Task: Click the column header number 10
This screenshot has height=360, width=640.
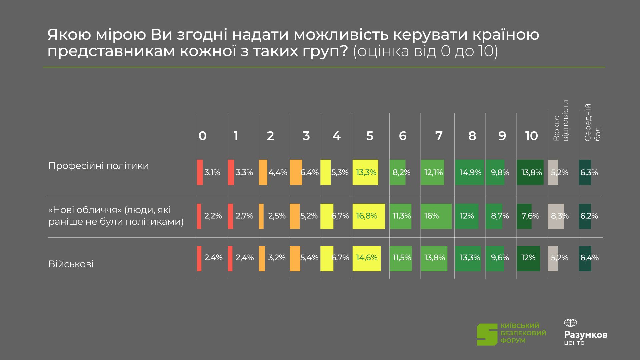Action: pos(531,136)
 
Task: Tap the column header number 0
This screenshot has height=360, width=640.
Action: pos(202,136)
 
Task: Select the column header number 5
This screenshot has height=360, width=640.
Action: pos(370,136)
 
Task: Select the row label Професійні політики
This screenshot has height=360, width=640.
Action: pos(99,166)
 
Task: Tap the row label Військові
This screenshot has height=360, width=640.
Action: pos(71,264)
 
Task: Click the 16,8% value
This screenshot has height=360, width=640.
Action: pos(366,216)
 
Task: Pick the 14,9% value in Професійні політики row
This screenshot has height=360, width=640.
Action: pos(470,173)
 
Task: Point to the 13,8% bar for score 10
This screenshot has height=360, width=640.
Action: pos(530,173)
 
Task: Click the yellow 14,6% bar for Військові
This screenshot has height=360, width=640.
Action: pos(366,258)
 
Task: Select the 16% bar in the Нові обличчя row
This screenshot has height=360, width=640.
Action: pos(436,216)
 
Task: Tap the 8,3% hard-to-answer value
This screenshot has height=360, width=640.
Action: pos(560,216)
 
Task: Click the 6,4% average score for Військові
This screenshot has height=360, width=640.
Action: pos(589,258)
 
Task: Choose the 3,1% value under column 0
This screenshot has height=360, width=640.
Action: pos(212,173)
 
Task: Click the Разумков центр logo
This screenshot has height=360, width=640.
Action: pos(585,333)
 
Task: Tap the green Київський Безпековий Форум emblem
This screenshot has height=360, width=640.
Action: pos(487,334)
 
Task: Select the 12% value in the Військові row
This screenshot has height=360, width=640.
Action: pos(528,258)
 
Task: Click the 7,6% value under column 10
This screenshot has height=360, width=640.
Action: pos(530,216)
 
